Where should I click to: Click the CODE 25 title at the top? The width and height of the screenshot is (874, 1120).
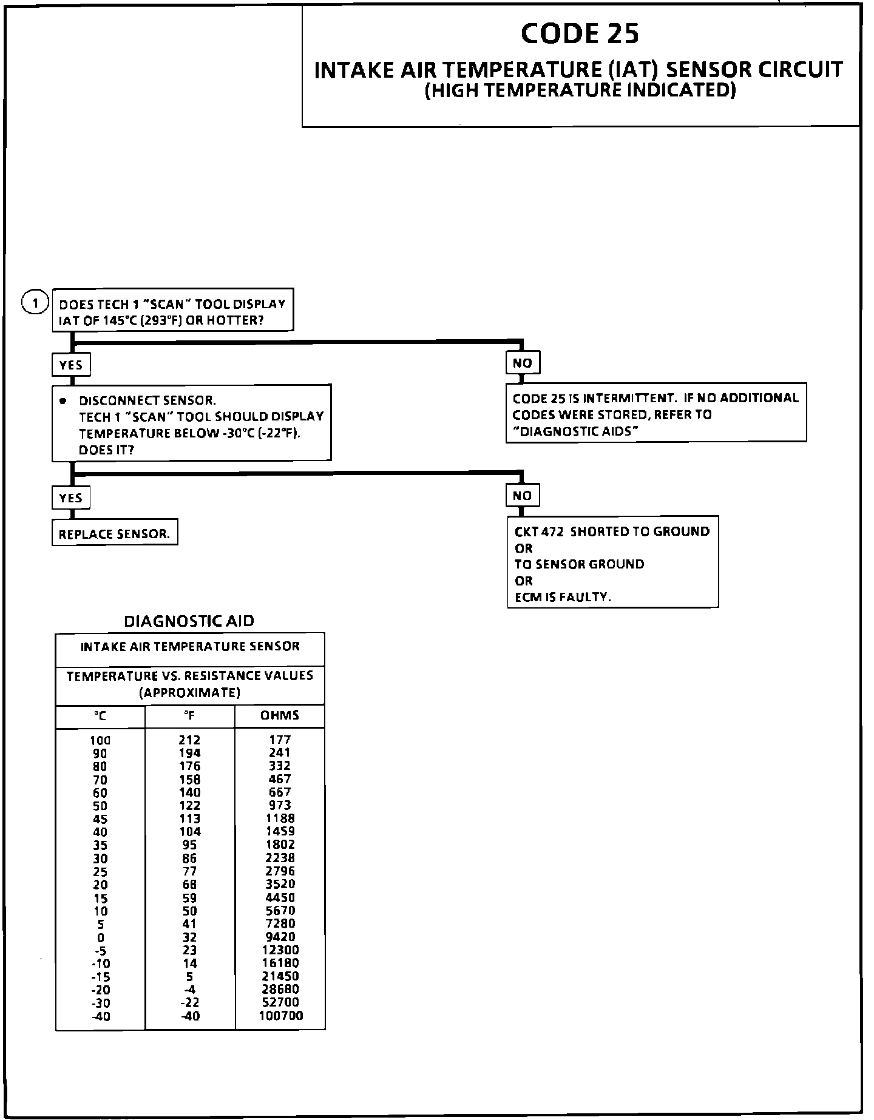580,33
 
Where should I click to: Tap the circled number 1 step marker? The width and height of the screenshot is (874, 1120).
35,302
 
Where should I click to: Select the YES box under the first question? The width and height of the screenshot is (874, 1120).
71,365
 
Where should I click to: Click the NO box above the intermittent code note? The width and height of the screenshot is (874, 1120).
522,363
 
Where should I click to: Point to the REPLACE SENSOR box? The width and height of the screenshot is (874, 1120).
115,534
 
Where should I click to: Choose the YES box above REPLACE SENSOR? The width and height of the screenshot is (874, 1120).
71,498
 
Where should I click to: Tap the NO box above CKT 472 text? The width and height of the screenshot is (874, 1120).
522,495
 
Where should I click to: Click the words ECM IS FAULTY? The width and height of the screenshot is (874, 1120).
563,597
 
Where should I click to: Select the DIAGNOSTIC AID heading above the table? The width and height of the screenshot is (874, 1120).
189,621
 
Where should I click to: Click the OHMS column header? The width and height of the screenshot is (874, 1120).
280,715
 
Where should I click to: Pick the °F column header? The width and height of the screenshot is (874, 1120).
190,716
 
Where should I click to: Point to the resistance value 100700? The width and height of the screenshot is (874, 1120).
280,1016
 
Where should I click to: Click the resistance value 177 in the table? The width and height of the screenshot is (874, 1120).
280,740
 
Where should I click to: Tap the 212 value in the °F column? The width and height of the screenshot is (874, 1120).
189,740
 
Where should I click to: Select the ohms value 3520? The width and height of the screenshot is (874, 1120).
280,884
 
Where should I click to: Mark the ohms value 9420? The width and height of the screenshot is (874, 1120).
280,937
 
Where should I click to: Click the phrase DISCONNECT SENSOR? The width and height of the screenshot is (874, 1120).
147,400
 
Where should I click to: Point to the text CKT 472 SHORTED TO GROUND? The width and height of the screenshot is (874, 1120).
612,531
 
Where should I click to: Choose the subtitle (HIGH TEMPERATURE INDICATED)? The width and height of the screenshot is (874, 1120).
580,90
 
